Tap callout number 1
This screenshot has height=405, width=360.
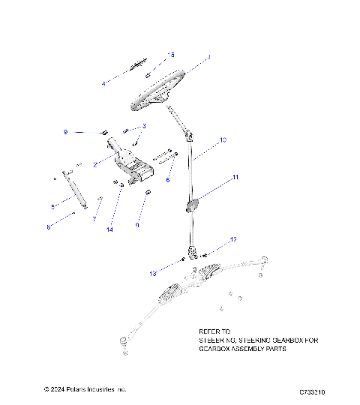(209, 58)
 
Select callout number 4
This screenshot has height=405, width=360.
(103, 83)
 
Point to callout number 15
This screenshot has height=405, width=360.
(171, 55)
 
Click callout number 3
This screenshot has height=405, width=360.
(144, 126)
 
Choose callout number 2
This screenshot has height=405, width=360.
(95, 163)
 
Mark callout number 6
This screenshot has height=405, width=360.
(168, 180)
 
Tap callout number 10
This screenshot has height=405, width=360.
(223, 140)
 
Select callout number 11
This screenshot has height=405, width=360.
(235, 178)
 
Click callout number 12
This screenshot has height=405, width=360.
(233, 239)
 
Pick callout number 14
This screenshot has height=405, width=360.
(109, 229)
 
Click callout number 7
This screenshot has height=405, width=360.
(95, 219)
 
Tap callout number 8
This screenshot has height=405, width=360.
(49, 226)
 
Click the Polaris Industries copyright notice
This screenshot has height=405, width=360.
(85, 390)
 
